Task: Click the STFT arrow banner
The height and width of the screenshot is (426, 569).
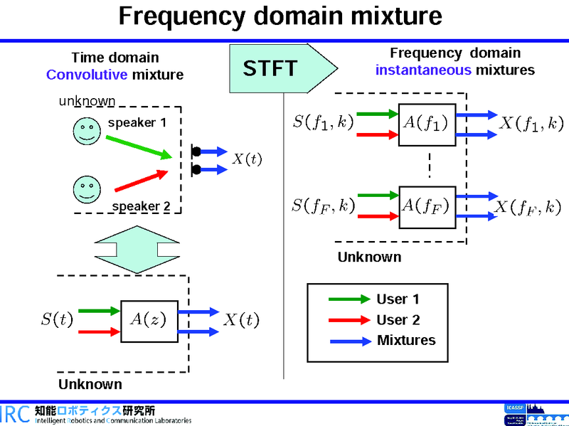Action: [x=281, y=68]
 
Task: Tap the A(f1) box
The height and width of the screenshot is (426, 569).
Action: [x=426, y=124]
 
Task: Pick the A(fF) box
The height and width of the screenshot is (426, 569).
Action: [x=426, y=206]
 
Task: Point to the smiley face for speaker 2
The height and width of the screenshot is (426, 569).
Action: [x=86, y=190]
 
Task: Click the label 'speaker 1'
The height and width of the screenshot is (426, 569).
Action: [x=137, y=123]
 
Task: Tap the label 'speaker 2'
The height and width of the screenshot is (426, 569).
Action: [x=141, y=206]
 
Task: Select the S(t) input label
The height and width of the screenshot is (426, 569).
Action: [x=57, y=320]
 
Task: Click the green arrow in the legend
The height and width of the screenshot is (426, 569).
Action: [x=347, y=299]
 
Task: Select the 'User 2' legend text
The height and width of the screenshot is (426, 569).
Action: [x=398, y=320]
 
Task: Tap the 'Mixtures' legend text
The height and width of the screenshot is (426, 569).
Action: [x=406, y=340]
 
